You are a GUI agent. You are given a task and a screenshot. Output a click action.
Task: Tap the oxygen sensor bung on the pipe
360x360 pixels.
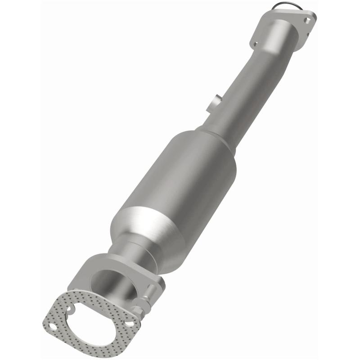pyautogui.click(x=215, y=103)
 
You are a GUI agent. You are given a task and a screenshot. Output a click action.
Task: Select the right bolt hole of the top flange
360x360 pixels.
pyautogui.click(x=307, y=21)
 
